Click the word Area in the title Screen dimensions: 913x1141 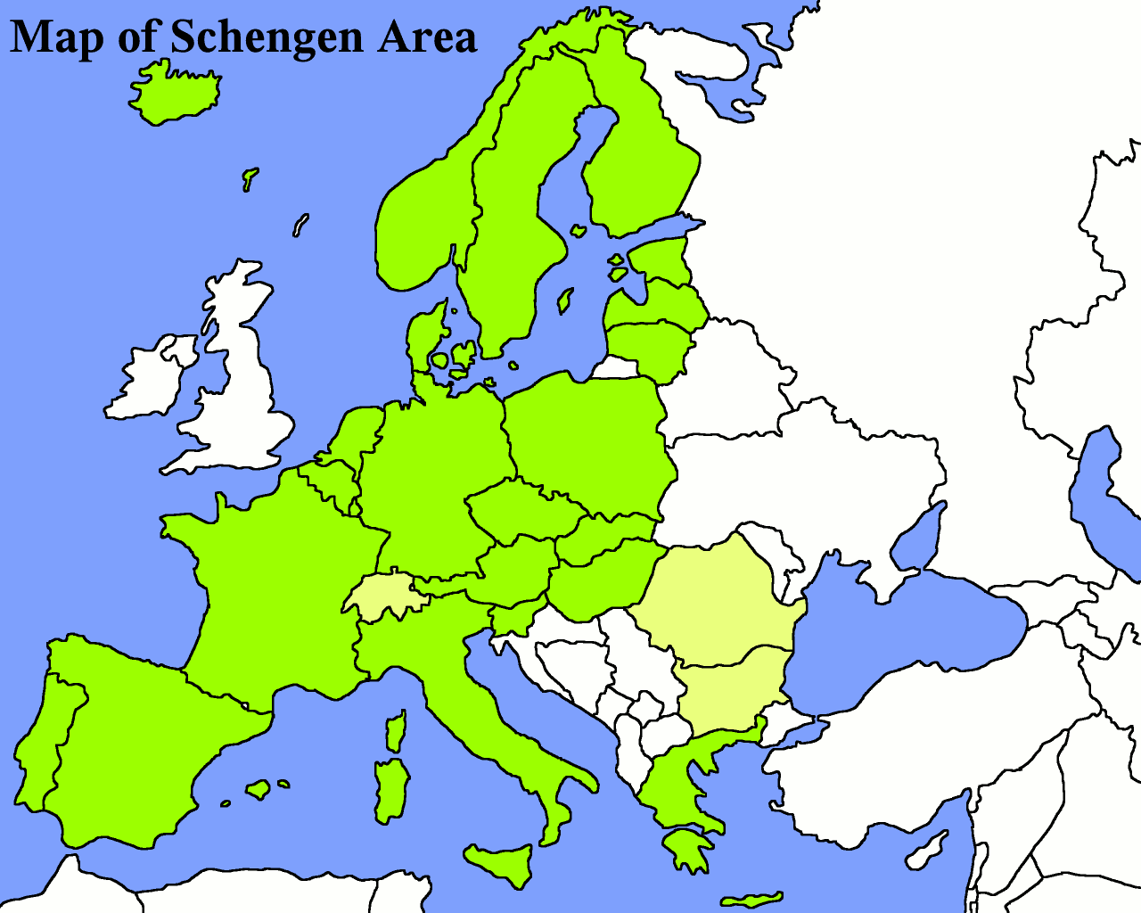point(426,37)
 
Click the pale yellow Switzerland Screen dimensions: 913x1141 point(385,596)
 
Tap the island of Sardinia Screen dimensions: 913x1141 point(390,789)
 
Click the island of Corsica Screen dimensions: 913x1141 point(396,731)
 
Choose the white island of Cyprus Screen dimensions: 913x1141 point(927,851)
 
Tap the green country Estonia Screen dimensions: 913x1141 point(660,259)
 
